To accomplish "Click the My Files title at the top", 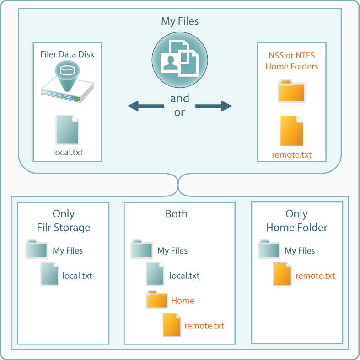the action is pos(180,21).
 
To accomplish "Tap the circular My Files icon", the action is pos(180,60).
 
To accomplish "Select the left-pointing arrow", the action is pos(146,106).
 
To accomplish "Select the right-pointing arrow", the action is pos(214,106).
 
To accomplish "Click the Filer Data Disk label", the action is pos(67,54).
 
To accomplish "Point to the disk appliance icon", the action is pos(67,81).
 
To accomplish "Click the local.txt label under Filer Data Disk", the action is pos(68,152).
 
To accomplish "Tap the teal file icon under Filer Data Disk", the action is pos(67,130).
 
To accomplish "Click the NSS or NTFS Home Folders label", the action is pos(292,61).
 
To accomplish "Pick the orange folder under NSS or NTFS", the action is pos(291,91).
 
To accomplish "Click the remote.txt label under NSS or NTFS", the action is pos(292,154).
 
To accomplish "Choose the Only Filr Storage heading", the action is pos(64,221).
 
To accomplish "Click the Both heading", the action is pos(176,214).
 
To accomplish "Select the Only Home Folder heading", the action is pos(296,221).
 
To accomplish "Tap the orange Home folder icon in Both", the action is pos(157,299).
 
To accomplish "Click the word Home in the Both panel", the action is pos(183,301).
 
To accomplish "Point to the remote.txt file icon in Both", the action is pos(172,325).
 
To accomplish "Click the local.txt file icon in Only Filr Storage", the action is pos(50,274).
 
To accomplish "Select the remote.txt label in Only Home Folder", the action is pos(315,275).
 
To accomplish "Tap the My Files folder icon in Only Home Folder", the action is pos(269,249).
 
